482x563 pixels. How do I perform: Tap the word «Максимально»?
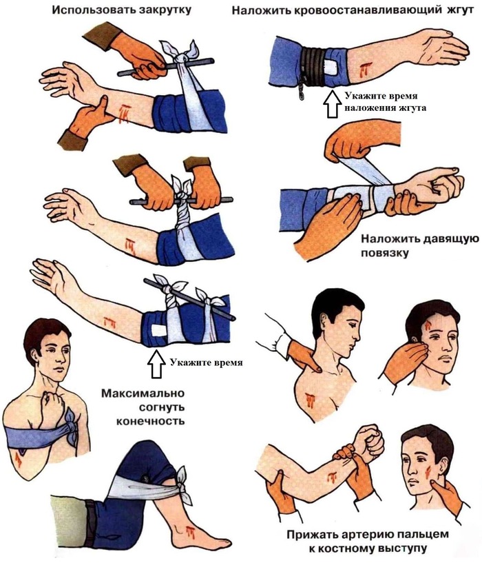point(143,393)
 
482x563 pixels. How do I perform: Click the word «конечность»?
point(150,421)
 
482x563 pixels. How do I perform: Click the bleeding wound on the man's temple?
point(428,327)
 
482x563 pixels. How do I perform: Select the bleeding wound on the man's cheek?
point(428,472)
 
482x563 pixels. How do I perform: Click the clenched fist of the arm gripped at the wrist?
point(370,442)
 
